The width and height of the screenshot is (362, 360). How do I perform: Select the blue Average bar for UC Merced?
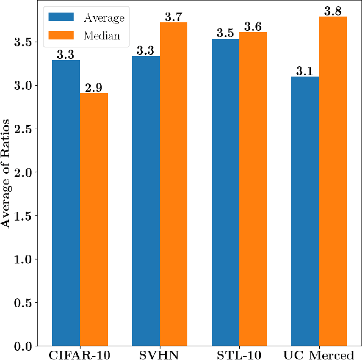pos(305,211)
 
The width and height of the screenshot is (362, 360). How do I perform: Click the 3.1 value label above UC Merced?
pos(305,70)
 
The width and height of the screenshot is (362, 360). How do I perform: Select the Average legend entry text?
pos(104,18)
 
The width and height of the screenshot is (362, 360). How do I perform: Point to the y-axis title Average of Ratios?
pos(7,173)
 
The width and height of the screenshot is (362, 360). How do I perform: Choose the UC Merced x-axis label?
pos(320,354)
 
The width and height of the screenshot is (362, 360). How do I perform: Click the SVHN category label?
pos(159,354)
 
